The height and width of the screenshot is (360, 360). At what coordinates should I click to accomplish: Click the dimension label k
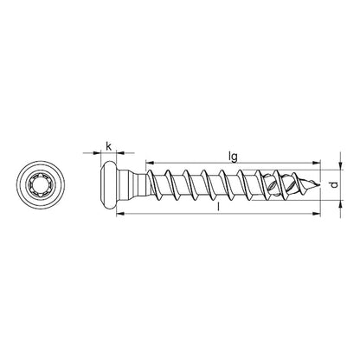(x=109, y=145)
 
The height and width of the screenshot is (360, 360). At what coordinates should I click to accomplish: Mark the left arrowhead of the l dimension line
(x=106, y=217)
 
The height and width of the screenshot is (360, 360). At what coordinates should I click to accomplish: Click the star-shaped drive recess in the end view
(x=40, y=185)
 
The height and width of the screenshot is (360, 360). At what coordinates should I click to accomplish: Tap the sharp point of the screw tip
(x=317, y=184)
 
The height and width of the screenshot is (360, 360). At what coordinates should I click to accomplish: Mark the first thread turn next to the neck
(x=155, y=184)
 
